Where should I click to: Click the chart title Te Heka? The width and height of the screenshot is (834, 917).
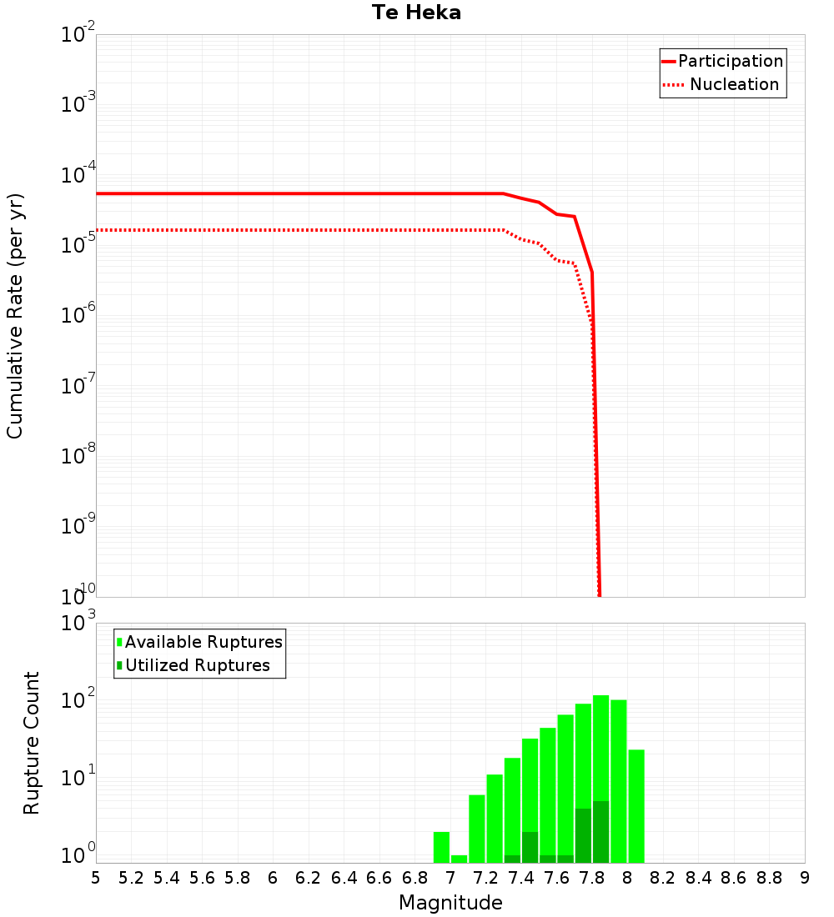(x=416, y=13)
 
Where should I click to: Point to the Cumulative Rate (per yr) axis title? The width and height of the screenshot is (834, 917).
(x=15, y=315)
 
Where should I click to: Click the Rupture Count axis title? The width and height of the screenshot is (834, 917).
(x=32, y=743)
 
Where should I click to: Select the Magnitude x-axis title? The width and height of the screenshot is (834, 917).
(x=450, y=902)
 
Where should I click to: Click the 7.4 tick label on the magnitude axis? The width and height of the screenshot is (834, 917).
(x=521, y=878)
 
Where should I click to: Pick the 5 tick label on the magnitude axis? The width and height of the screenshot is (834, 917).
(x=96, y=878)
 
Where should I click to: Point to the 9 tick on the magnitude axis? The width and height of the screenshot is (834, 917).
(x=805, y=878)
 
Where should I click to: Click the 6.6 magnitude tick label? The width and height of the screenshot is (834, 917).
(x=379, y=878)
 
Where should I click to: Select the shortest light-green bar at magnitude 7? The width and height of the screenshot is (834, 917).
(x=459, y=859)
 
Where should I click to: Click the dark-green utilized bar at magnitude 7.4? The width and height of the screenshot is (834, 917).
(x=530, y=847)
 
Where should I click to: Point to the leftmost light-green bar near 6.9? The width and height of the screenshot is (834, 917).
(x=441, y=847)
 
